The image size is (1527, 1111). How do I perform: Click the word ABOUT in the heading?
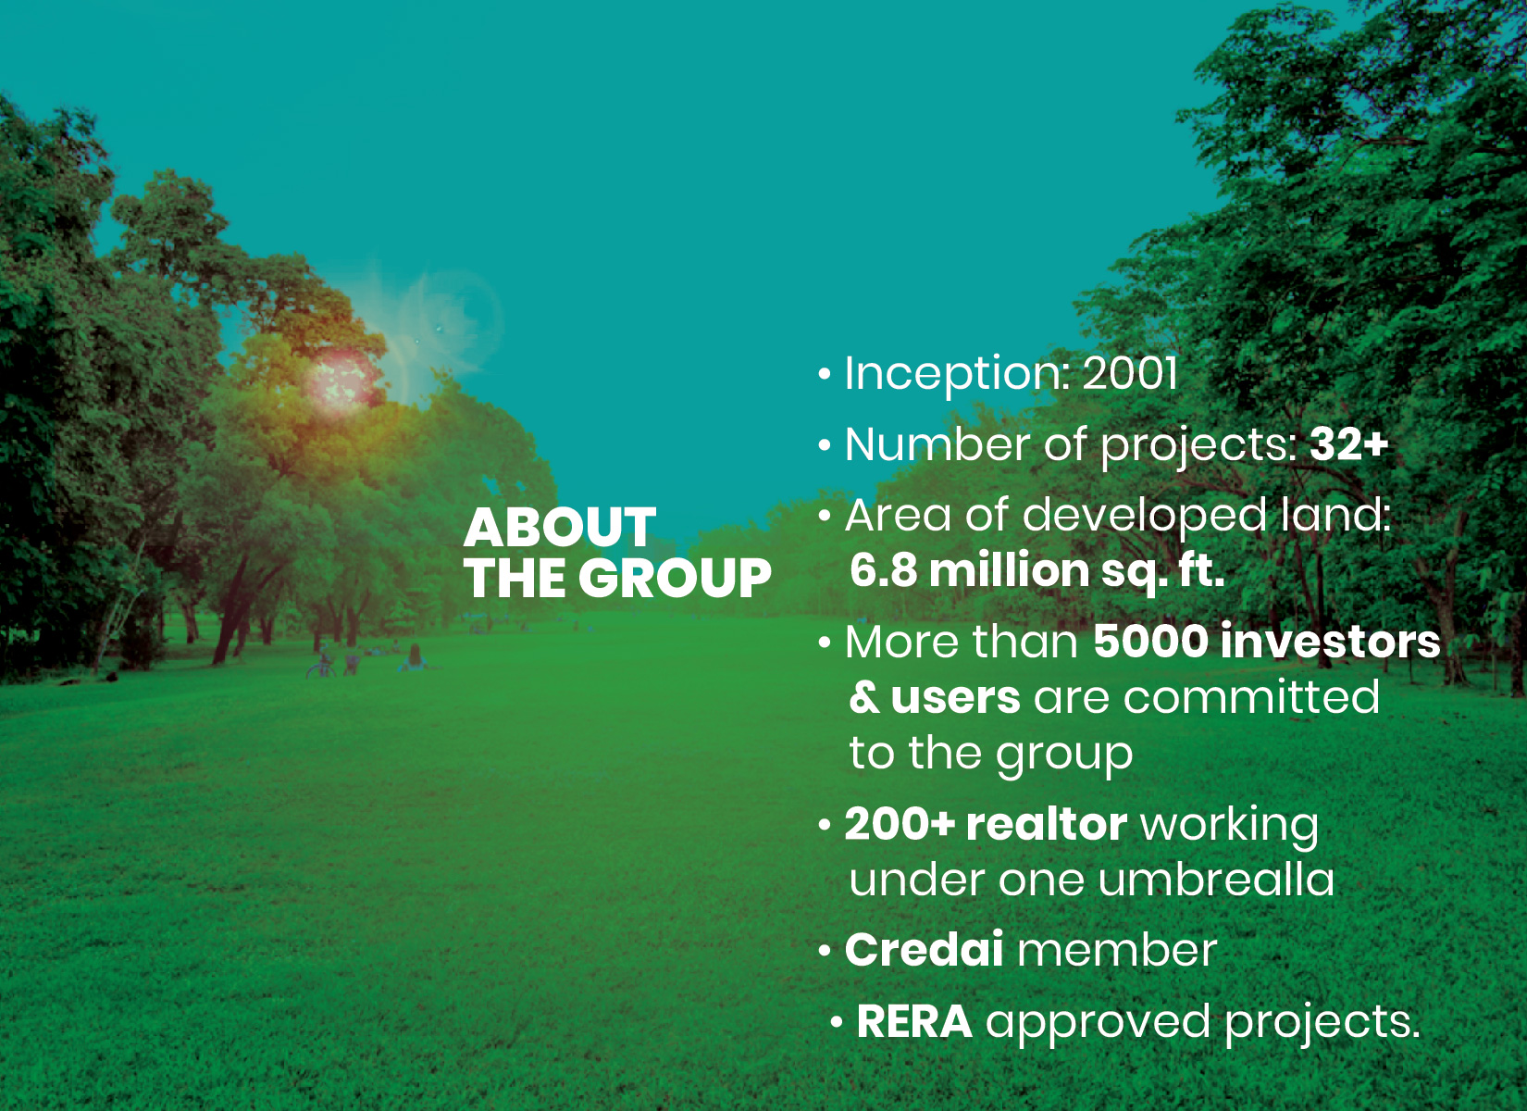pyautogui.click(x=560, y=527)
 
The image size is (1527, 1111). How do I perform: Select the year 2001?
pyautogui.click(x=1130, y=374)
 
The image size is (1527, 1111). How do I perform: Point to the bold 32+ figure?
pyautogui.click(x=1348, y=444)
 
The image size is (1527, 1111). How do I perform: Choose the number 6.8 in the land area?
pyautogui.click(x=884, y=570)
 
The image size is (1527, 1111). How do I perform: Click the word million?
pyautogui.click(x=1010, y=569)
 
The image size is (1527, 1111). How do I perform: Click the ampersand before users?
pyautogui.click(x=864, y=697)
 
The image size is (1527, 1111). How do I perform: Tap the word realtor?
pyautogui.click(x=1047, y=824)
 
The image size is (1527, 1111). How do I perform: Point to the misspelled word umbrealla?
pyautogui.click(x=1216, y=880)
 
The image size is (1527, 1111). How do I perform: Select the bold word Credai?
pyautogui.click(x=924, y=949)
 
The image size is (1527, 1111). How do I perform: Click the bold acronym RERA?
pyautogui.click(x=914, y=1021)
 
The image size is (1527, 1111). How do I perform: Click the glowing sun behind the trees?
pyautogui.click(x=341, y=380)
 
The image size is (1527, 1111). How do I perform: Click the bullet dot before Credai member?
pyautogui.click(x=825, y=950)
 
